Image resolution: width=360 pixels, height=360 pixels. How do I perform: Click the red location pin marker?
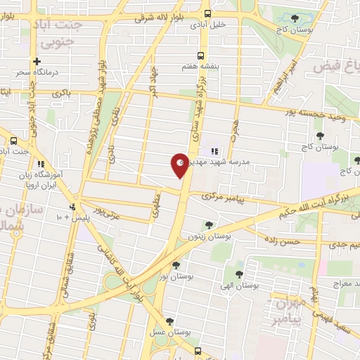tap(179, 165)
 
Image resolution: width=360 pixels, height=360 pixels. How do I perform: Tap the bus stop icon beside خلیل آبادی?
tap(207, 13)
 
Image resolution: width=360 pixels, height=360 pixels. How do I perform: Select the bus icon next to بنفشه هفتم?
tap(201, 56)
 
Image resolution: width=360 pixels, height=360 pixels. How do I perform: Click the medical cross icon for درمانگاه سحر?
tap(37, 61)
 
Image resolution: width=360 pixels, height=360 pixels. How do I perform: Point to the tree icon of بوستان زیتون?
tap(208, 225)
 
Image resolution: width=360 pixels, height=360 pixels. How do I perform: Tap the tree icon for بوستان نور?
tap(175, 265)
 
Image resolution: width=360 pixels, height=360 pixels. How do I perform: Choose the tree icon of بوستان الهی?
tap(239, 275)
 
